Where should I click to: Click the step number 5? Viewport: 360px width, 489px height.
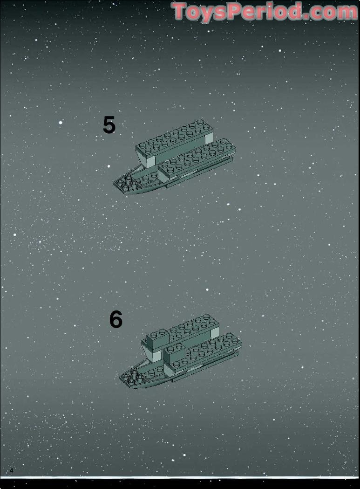(109, 125)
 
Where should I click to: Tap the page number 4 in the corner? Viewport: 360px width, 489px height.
(12, 470)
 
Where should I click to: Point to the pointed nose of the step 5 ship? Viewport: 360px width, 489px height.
(114, 184)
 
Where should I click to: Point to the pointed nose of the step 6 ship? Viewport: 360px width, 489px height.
(120, 378)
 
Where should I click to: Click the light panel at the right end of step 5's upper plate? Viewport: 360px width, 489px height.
(209, 139)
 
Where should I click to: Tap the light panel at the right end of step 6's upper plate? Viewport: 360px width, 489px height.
(215, 333)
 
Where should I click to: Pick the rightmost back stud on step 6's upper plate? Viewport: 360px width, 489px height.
(206, 317)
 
